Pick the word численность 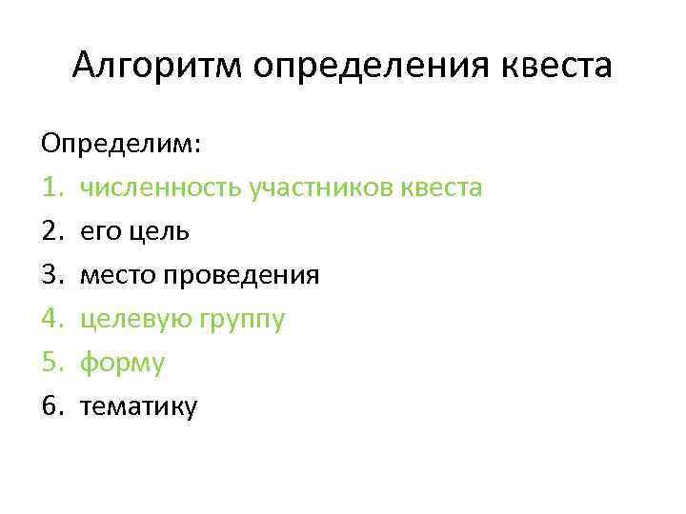pyautogui.click(x=160, y=188)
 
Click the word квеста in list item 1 pyautogui.click(x=442, y=188)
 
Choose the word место pyautogui.click(x=118, y=275)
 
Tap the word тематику pyautogui.click(x=139, y=407)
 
